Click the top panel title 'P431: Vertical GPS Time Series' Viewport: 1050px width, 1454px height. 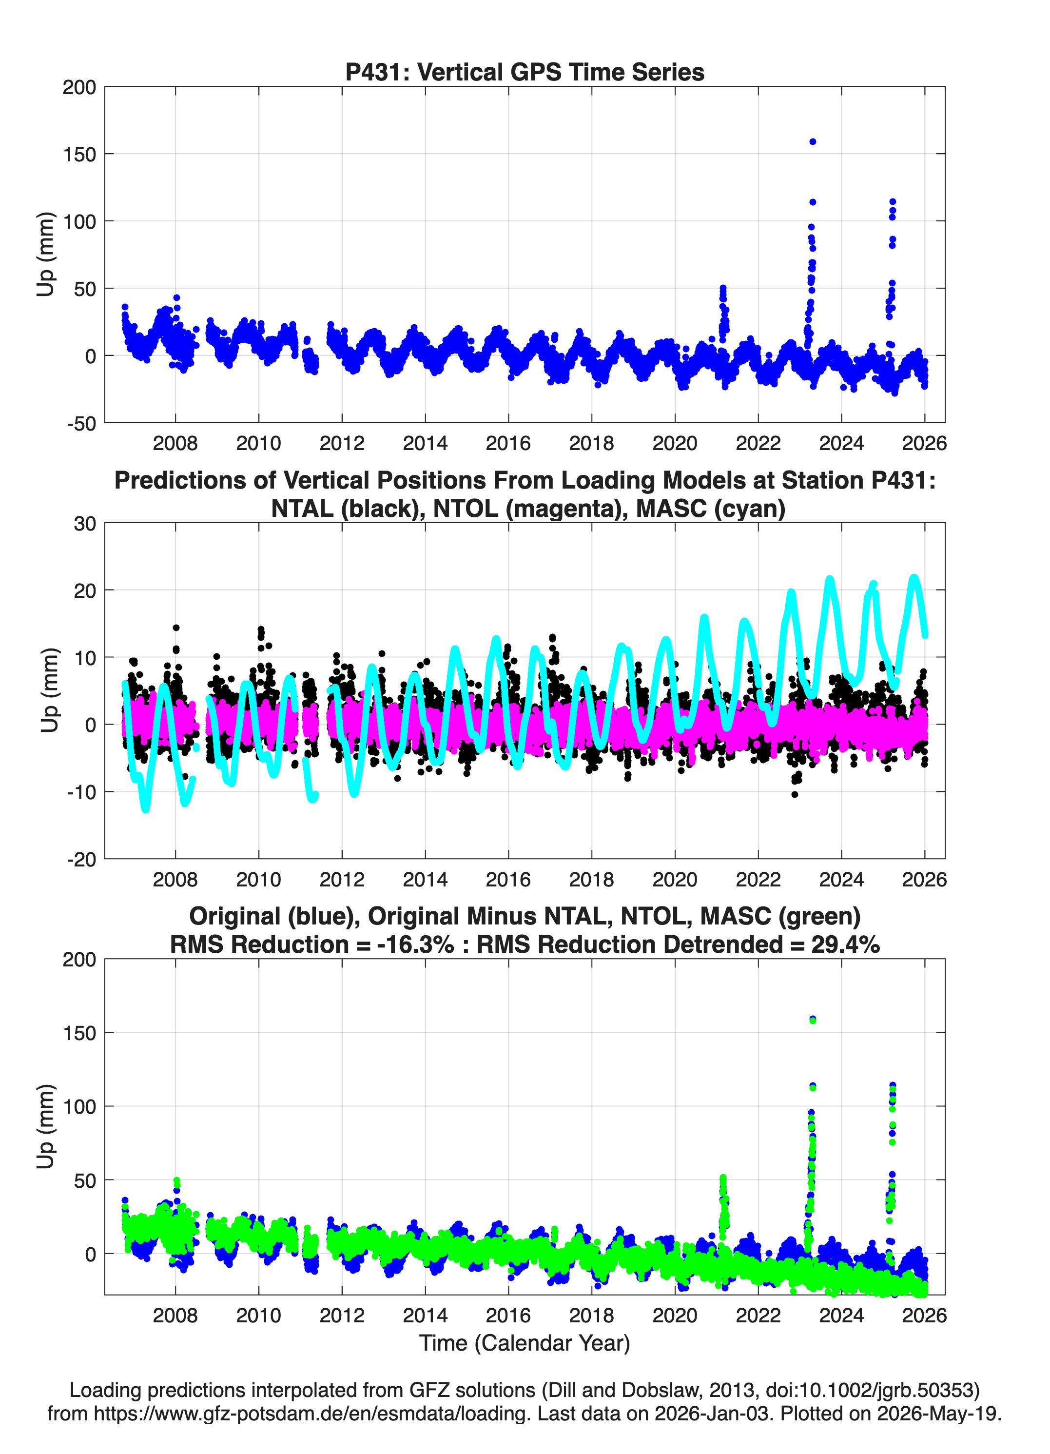click(x=525, y=72)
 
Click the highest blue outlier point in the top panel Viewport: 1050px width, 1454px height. click(x=812, y=142)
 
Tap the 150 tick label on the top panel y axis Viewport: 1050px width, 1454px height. click(x=79, y=155)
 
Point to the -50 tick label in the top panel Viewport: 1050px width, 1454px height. click(x=81, y=424)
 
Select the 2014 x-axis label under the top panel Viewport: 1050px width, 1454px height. click(x=425, y=443)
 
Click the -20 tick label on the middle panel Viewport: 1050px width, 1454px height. click(x=81, y=860)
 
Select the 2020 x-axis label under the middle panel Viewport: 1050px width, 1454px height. click(x=675, y=879)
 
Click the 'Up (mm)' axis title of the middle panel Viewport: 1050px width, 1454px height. click(x=49, y=690)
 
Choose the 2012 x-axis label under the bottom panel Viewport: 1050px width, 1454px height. click(x=342, y=1315)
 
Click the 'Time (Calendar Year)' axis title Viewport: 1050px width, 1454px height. click(x=525, y=1343)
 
